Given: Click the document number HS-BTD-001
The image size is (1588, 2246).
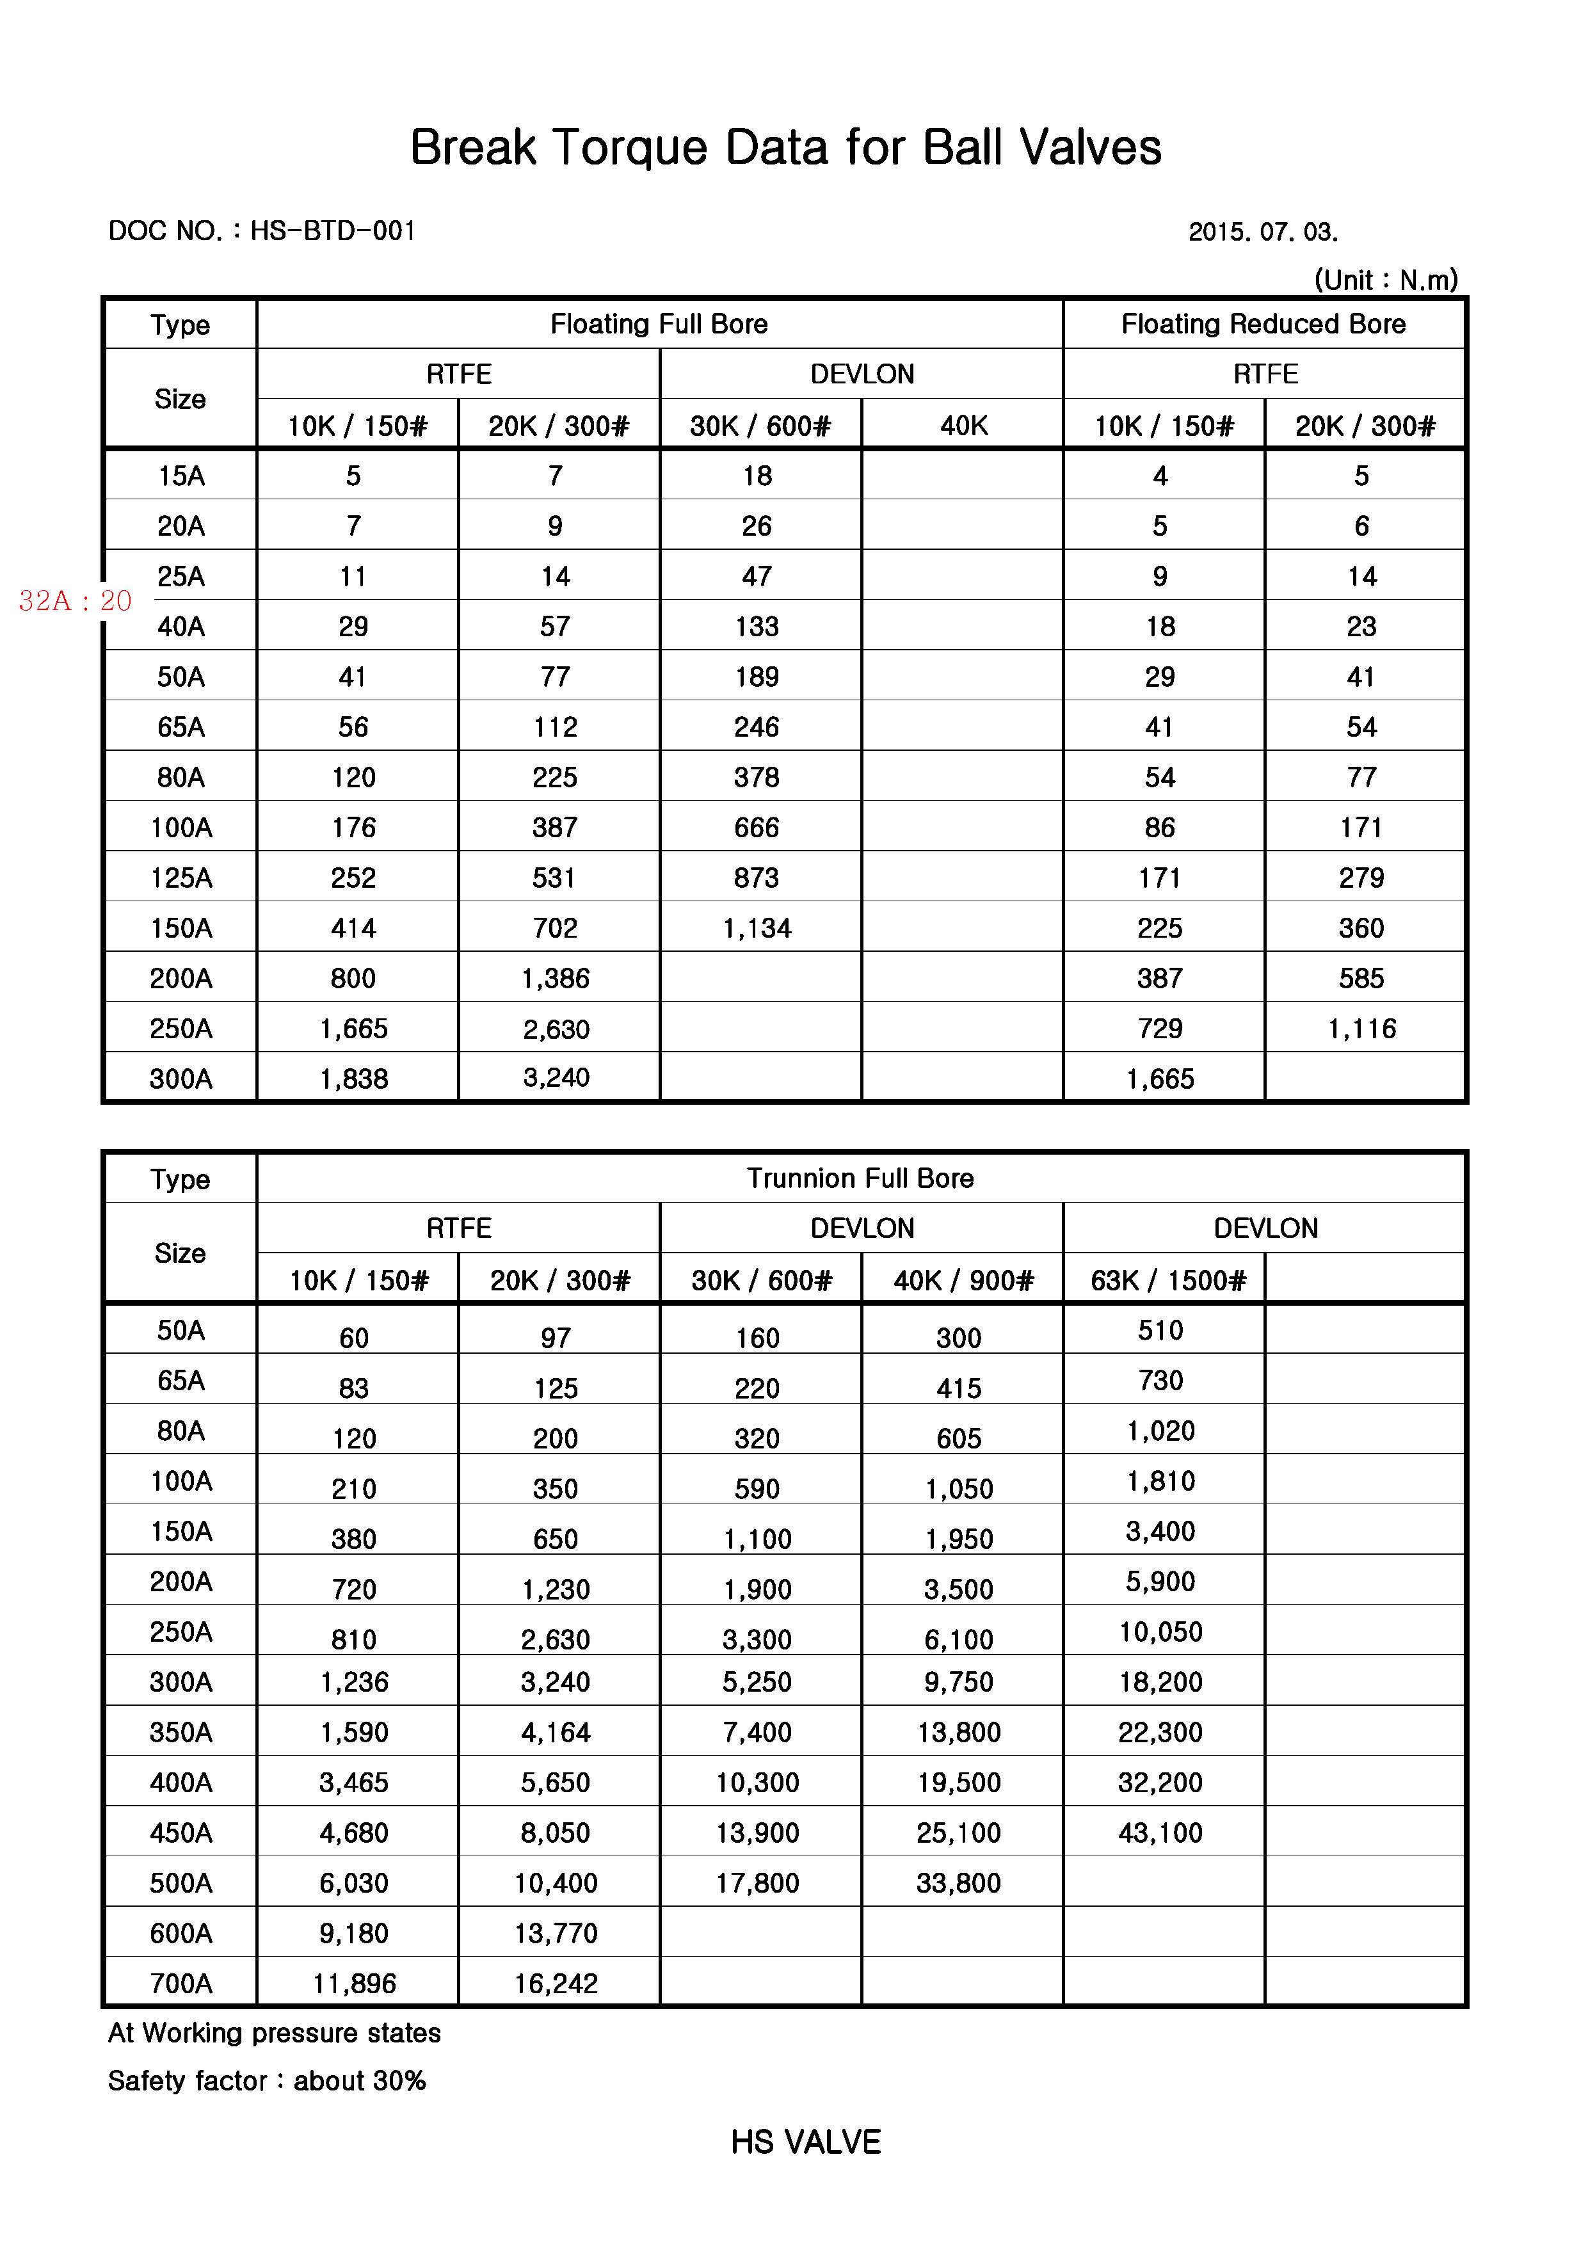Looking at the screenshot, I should [x=333, y=231].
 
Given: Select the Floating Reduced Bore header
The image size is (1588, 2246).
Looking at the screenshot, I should [x=1263, y=324].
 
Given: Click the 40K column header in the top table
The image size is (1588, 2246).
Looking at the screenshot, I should [x=964, y=426].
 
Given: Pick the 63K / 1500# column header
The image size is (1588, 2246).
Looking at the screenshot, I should [x=1168, y=1281].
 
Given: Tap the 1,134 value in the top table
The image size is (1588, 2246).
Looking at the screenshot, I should [x=757, y=928].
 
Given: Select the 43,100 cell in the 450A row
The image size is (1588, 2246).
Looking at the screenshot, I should [x=1160, y=1833].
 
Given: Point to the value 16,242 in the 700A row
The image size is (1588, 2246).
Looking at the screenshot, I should [x=556, y=1983].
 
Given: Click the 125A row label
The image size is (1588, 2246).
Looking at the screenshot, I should [x=181, y=878].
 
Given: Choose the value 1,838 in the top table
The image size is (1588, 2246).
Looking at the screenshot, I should [x=353, y=1079].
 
